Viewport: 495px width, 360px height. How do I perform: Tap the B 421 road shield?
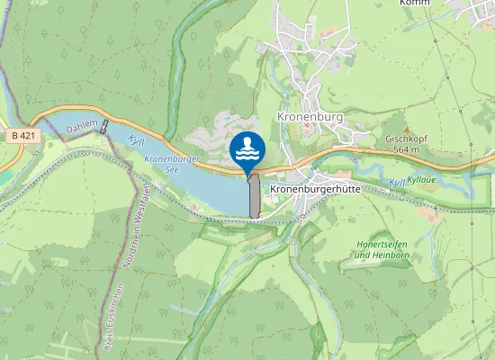[x=25, y=136]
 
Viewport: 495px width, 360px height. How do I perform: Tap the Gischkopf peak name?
[x=405, y=139]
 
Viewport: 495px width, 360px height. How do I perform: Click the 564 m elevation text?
[x=406, y=149]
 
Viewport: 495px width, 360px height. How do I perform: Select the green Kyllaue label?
[x=423, y=181]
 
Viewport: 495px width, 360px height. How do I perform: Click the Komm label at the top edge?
[x=415, y=4]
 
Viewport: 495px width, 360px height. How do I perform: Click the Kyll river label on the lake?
[x=136, y=142]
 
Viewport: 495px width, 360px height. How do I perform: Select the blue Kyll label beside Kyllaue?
[x=397, y=184]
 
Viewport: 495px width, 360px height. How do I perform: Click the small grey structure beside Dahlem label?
[x=105, y=126]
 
